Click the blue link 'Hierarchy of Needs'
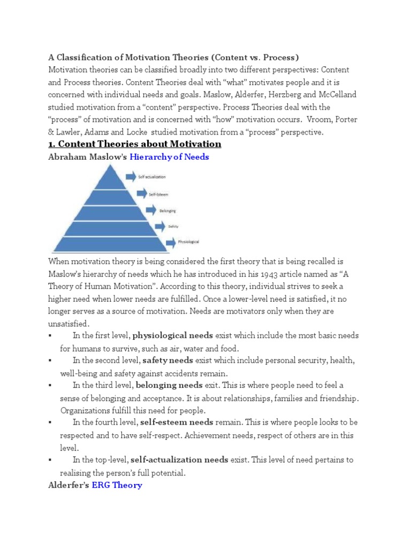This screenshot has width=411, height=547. pyautogui.click(x=169, y=157)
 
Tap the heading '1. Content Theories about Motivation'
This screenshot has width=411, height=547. pyautogui.click(x=134, y=144)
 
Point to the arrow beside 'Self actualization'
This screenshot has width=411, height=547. pyautogui.click(x=131, y=176)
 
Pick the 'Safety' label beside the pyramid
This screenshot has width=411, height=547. pyautogui.click(x=173, y=226)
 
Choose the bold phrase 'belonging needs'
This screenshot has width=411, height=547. pyautogui.click(x=169, y=385)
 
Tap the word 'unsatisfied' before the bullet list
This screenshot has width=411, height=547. pyautogui.click(x=68, y=324)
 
